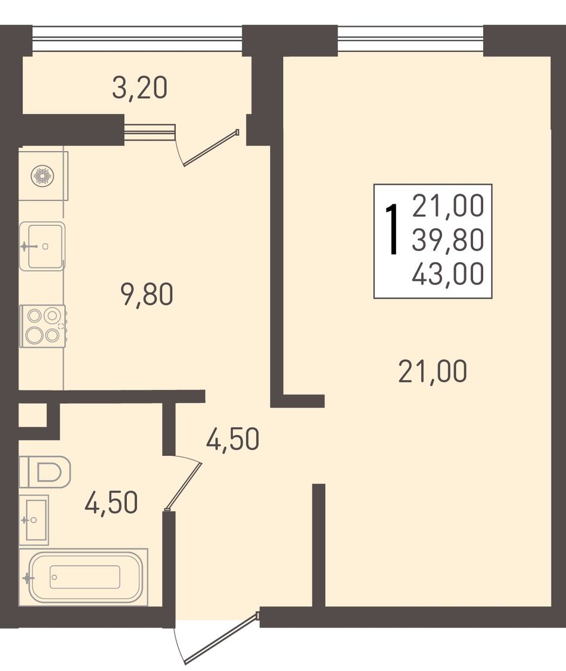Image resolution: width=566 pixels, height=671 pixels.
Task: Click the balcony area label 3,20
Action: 139,89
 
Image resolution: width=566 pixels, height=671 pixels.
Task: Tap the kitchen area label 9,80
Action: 148,295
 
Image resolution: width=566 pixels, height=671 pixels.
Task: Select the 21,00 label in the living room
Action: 433,371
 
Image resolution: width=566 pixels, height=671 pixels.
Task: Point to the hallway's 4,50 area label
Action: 233,439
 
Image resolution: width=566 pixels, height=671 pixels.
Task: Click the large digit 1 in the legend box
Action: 392,229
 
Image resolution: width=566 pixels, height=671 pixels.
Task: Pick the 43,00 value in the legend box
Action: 448,274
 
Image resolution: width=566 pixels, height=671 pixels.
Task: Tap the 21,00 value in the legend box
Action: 448,206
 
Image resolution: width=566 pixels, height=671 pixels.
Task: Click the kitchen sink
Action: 42,246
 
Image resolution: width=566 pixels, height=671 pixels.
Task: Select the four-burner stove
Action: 43,325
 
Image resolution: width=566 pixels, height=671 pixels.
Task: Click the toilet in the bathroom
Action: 45,471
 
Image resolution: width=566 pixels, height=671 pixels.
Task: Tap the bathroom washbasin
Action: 34,520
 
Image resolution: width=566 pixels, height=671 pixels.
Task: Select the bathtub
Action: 83,577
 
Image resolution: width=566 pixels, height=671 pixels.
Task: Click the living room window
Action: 410,39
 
